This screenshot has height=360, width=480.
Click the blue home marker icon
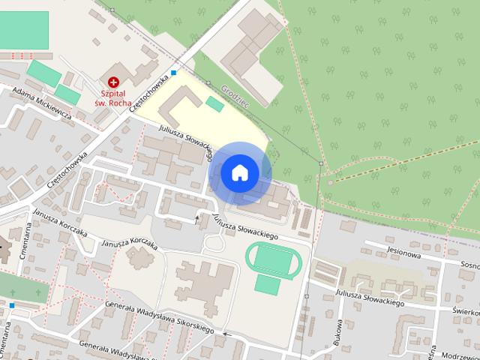(x=239, y=172)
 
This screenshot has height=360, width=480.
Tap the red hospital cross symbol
(x=113, y=81)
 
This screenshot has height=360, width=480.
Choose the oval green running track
(x=274, y=260)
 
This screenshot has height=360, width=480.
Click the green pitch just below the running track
(x=267, y=285)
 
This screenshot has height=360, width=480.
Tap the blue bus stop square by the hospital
(x=174, y=73)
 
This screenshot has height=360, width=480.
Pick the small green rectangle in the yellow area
(x=215, y=104)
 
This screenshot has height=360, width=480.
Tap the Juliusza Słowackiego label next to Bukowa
(x=370, y=298)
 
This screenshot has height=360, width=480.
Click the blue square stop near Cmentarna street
(x=12, y=306)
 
